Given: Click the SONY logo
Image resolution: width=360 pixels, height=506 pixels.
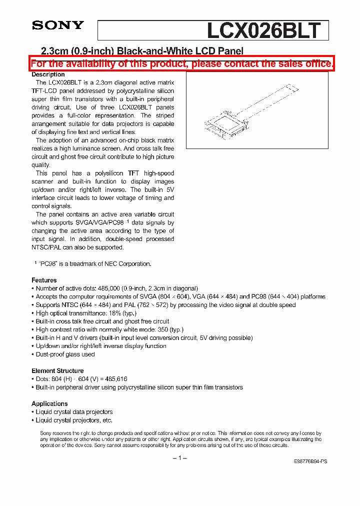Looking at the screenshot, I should (58, 25).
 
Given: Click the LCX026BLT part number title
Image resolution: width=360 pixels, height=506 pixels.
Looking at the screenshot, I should (263, 30).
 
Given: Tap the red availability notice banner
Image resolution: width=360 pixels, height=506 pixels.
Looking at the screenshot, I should (181, 63).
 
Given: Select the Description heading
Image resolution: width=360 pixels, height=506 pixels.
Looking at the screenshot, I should (48, 74).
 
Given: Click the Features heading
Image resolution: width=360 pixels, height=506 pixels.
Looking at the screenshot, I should (44, 280).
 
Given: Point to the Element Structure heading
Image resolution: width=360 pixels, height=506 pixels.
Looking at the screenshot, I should (57, 371).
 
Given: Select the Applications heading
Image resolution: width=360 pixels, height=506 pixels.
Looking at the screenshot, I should (49, 404).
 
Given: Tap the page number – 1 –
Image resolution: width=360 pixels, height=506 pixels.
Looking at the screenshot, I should (180, 458).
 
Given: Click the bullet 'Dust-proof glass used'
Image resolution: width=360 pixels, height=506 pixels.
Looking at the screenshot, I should (65, 354).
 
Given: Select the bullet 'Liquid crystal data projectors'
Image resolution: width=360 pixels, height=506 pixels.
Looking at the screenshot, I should (74, 412).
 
